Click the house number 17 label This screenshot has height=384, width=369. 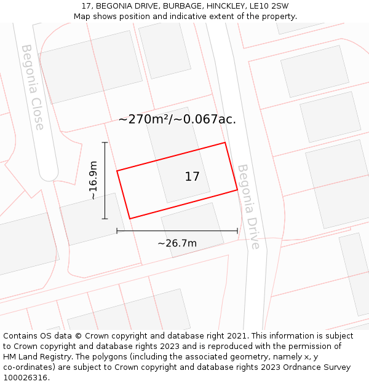[192, 177]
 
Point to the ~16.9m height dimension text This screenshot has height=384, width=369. [93, 181]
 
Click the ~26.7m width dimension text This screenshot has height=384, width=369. [177, 243]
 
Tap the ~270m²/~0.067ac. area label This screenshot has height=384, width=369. [177, 119]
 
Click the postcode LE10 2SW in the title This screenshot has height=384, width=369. [269, 6]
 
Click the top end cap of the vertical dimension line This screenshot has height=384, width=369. [105, 143]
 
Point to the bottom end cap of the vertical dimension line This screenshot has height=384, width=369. [105, 219]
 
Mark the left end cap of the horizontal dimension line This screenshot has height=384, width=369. [117, 231]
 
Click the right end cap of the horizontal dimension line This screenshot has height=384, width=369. [237, 231]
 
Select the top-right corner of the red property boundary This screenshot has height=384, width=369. [224, 143]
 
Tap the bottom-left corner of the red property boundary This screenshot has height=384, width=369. [130, 218]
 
